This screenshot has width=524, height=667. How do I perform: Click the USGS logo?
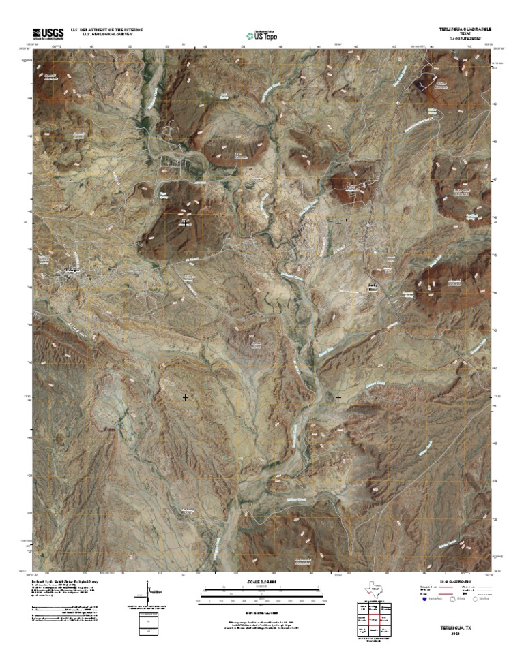coord(47,33)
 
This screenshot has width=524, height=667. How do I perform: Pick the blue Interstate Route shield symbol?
coord(424,600)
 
